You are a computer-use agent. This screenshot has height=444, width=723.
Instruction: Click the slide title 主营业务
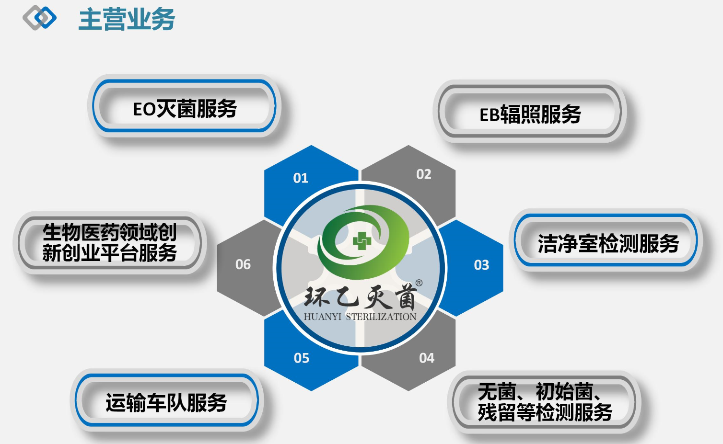point(127,19)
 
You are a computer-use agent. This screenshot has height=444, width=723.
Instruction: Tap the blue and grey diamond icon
point(39,18)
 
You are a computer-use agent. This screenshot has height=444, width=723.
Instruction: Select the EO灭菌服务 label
point(185,109)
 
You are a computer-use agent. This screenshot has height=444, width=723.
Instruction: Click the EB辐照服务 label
point(530,114)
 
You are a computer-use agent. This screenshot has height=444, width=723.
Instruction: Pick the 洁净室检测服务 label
point(608,243)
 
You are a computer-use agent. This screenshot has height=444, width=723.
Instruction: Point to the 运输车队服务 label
point(166,402)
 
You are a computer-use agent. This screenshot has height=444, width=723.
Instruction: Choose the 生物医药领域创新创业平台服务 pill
point(110,242)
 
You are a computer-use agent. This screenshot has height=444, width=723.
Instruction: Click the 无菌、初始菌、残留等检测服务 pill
point(544,402)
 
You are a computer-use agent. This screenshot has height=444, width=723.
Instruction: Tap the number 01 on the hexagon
point(301,178)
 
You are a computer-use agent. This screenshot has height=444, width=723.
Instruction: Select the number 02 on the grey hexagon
point(424,174)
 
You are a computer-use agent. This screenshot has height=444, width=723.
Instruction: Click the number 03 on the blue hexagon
point(481,265)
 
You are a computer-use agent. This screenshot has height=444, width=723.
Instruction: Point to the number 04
point(427,358)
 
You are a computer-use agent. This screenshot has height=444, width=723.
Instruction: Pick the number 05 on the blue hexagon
point(302,358)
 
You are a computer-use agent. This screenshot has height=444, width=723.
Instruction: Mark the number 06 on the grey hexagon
point(243,264)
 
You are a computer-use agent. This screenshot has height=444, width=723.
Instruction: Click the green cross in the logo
point(362,240)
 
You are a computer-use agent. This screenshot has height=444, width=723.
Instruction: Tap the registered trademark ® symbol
point(419,283)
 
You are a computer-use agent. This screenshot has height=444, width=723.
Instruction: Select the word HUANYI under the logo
point(323,317)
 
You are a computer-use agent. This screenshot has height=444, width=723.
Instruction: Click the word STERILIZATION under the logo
point(381,317)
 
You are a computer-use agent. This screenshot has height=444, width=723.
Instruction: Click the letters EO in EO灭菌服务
point(144,109)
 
